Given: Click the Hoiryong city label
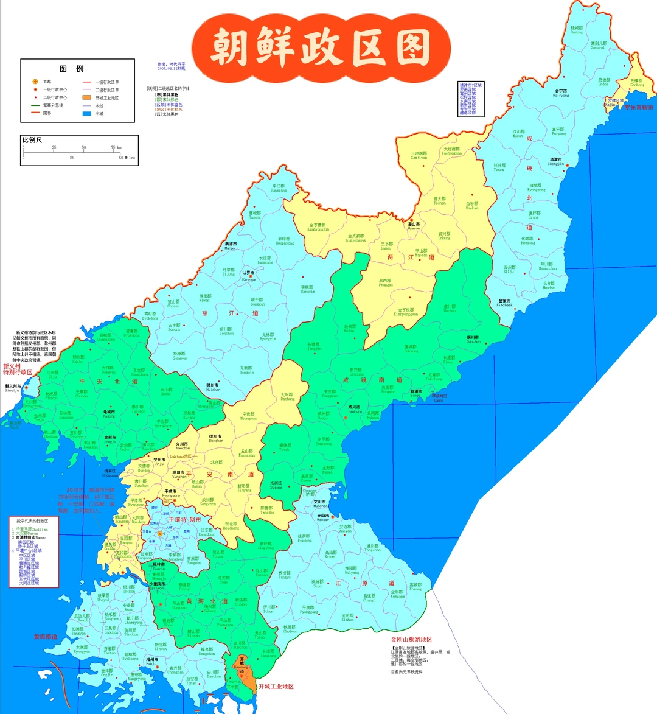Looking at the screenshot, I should [560, 93].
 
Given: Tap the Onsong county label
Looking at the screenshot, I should [576, 29].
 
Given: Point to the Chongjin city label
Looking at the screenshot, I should [555, 161].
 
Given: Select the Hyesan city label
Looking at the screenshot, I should [414, 226].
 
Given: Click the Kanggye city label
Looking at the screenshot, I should [249, 276].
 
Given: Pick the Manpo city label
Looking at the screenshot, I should [230, 246].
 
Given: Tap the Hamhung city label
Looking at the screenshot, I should [355, 409].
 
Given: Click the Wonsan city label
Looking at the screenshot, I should [322, 517].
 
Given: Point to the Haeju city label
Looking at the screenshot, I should [151, 661].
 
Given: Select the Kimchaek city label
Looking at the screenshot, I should [505, 303].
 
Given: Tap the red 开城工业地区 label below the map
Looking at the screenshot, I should [276, 687].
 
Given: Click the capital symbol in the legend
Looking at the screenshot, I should [35, 82].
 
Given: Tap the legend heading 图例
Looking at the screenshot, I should [71, 69].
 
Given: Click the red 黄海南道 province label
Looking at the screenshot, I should [45, 637].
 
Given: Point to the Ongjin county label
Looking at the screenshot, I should [107, 673].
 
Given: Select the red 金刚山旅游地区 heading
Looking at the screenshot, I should [411, 640].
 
